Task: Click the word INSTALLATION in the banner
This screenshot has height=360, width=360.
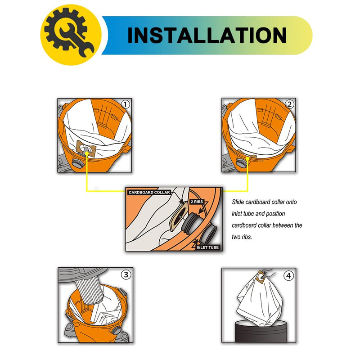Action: pos(207,35)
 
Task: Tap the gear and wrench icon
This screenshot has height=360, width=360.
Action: pos(69,32)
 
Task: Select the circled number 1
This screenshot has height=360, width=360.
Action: pos(126,104)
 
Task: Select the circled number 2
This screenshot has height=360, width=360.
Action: pos(289,104)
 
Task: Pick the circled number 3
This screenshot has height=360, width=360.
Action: pos(126,274)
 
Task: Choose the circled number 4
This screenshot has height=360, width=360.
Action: pos(288,275)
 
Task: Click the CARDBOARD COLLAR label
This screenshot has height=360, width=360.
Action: pos(149,193)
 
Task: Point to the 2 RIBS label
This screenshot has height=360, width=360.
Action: pos(197,202)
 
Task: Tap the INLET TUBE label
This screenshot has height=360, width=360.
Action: pos(207,247)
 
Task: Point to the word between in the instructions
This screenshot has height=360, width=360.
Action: pos(285,225)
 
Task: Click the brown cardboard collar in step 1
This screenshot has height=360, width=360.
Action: pos(86,148)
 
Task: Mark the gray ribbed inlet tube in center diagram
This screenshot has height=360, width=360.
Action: pos(190,222)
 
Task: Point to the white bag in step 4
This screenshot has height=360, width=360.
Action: pos(260,301)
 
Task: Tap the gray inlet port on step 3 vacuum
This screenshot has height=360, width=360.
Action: pos(116,331)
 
